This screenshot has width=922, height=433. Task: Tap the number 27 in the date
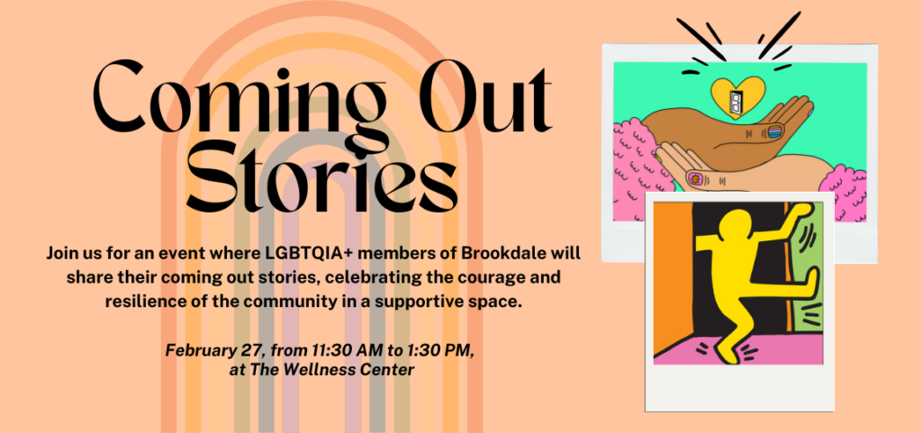pos(253,350)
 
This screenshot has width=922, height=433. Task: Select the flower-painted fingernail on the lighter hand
pos(692,176)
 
